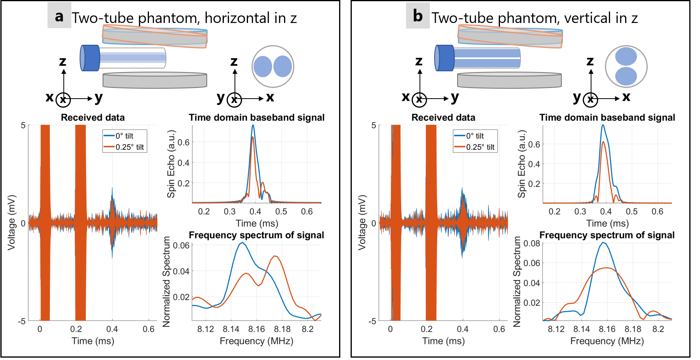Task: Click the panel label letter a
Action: [59, 15]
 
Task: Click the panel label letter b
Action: [418, 15]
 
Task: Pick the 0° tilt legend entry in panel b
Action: [475, 136]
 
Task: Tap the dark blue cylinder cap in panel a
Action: [90, 58]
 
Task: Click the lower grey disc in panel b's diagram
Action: [509, 80]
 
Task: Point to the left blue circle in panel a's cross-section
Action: [263, 66]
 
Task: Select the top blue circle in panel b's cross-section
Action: [626, 56]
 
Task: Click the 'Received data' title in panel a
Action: [93, 118]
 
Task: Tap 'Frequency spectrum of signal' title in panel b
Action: [607, 235]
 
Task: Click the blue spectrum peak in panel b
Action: [603, 242]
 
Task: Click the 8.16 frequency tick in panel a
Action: [256, 329]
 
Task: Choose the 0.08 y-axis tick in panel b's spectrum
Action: [532, 243]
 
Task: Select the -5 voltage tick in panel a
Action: [21, 321]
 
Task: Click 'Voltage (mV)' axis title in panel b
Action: [362, 223]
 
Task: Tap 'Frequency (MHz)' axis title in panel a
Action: [256, 341]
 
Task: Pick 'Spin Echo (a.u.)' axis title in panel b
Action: [522, 164]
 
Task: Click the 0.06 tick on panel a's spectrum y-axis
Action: [181, 246]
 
